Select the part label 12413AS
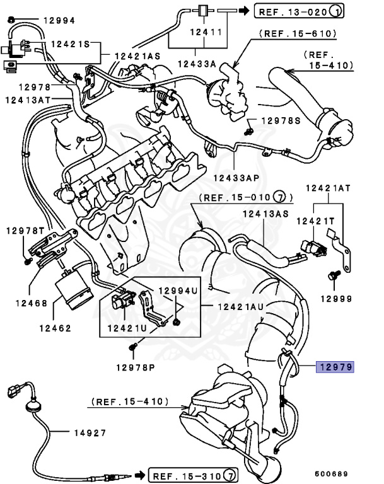click(265, 214)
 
